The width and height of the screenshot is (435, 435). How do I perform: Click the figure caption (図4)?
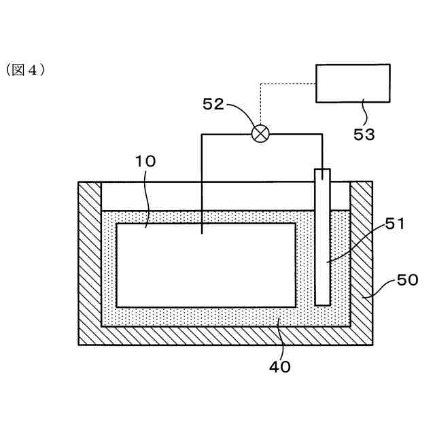pyautogui.click(x=25, y=70)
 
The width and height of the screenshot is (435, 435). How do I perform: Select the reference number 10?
pyautogui.click(x=145, y=161)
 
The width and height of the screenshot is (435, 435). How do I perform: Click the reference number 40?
pyautogui.click(x=280, y=366)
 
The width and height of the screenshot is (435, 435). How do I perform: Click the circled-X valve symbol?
pyautogui.click(x=260, y=133)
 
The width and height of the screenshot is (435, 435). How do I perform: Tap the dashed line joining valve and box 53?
pyautogui.click(x=285, y=84)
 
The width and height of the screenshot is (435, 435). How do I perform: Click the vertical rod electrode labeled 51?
pyautogui.click(x=322, y=258)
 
